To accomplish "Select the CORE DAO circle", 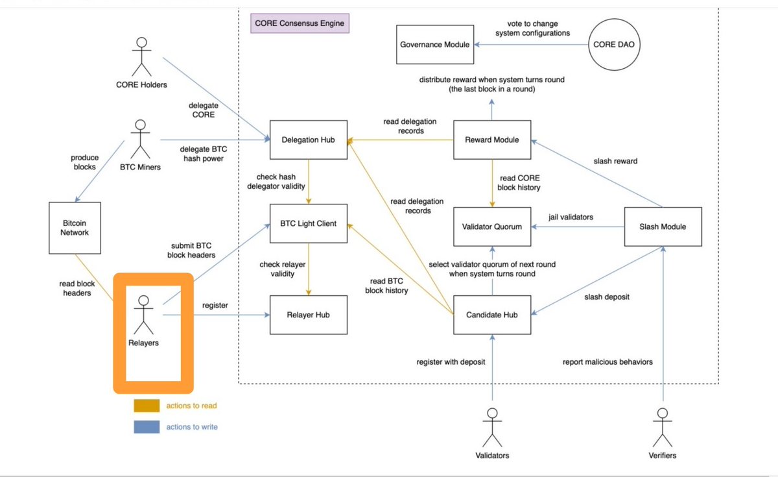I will (x=614, y=45).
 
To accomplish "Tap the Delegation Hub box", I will (x=308, y=139).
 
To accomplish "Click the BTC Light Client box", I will (x=308, y=223).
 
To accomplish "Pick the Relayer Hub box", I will (x=308, y=315).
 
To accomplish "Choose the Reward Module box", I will (x=491, y=139).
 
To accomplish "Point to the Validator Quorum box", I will (x=491, y=226).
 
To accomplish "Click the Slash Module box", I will (x=663, y=226).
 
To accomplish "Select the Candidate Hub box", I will (x=491, y=315).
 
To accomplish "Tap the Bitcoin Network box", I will (x=75, y=227).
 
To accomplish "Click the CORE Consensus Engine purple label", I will (x=299, y=24).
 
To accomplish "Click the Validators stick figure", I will (x=492, y=425).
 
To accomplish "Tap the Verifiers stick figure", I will (x=662, y=425).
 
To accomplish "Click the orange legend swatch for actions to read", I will (x=146, y=406).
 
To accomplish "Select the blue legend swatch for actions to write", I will (x=146, y=426).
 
